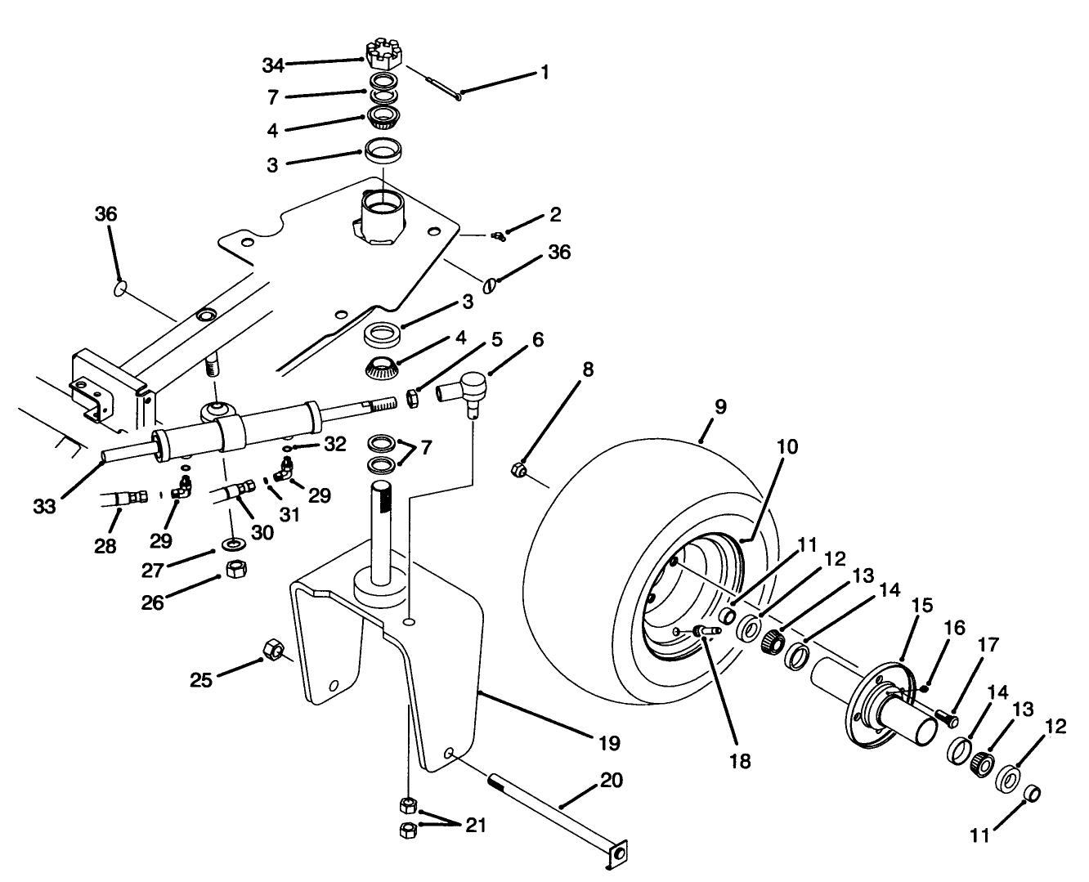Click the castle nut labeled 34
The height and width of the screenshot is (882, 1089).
[382, 56]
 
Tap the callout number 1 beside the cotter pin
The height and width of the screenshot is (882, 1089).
[544, 72]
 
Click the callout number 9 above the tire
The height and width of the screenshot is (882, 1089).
[719, 406]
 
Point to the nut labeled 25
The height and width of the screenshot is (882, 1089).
[273, 651]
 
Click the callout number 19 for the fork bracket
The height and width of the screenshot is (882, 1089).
[608, 743]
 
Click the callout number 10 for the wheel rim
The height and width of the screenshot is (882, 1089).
[788, 447]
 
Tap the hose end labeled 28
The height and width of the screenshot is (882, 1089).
[125, 497]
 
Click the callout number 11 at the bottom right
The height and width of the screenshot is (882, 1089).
[979, 835]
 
